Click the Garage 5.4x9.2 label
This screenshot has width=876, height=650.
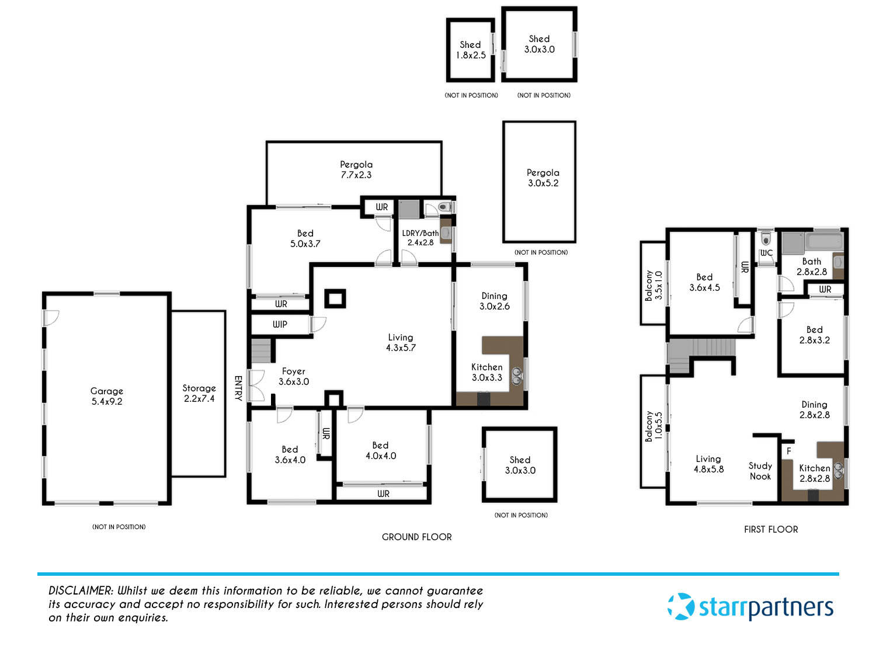[106, 396]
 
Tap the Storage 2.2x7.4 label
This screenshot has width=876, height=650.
[199, 393]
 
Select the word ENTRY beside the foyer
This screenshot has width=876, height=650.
[238, 388]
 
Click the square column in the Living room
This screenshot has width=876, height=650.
[335, 299]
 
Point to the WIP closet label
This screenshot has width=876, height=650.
[280, 324]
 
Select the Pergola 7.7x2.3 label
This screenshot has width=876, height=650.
[356, 169]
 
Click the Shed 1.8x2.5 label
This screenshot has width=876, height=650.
[470, 50]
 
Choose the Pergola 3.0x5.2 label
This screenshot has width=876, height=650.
[543, 178]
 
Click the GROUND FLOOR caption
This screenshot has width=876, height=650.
[416, 537]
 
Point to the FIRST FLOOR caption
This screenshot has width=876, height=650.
[771, 529]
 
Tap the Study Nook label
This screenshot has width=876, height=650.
[760, 471]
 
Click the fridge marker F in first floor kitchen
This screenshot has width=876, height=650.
[788, 451]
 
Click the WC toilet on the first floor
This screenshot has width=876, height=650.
[766, 239]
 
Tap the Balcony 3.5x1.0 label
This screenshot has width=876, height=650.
[653, 285]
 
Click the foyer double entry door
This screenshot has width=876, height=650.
[256, 385]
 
